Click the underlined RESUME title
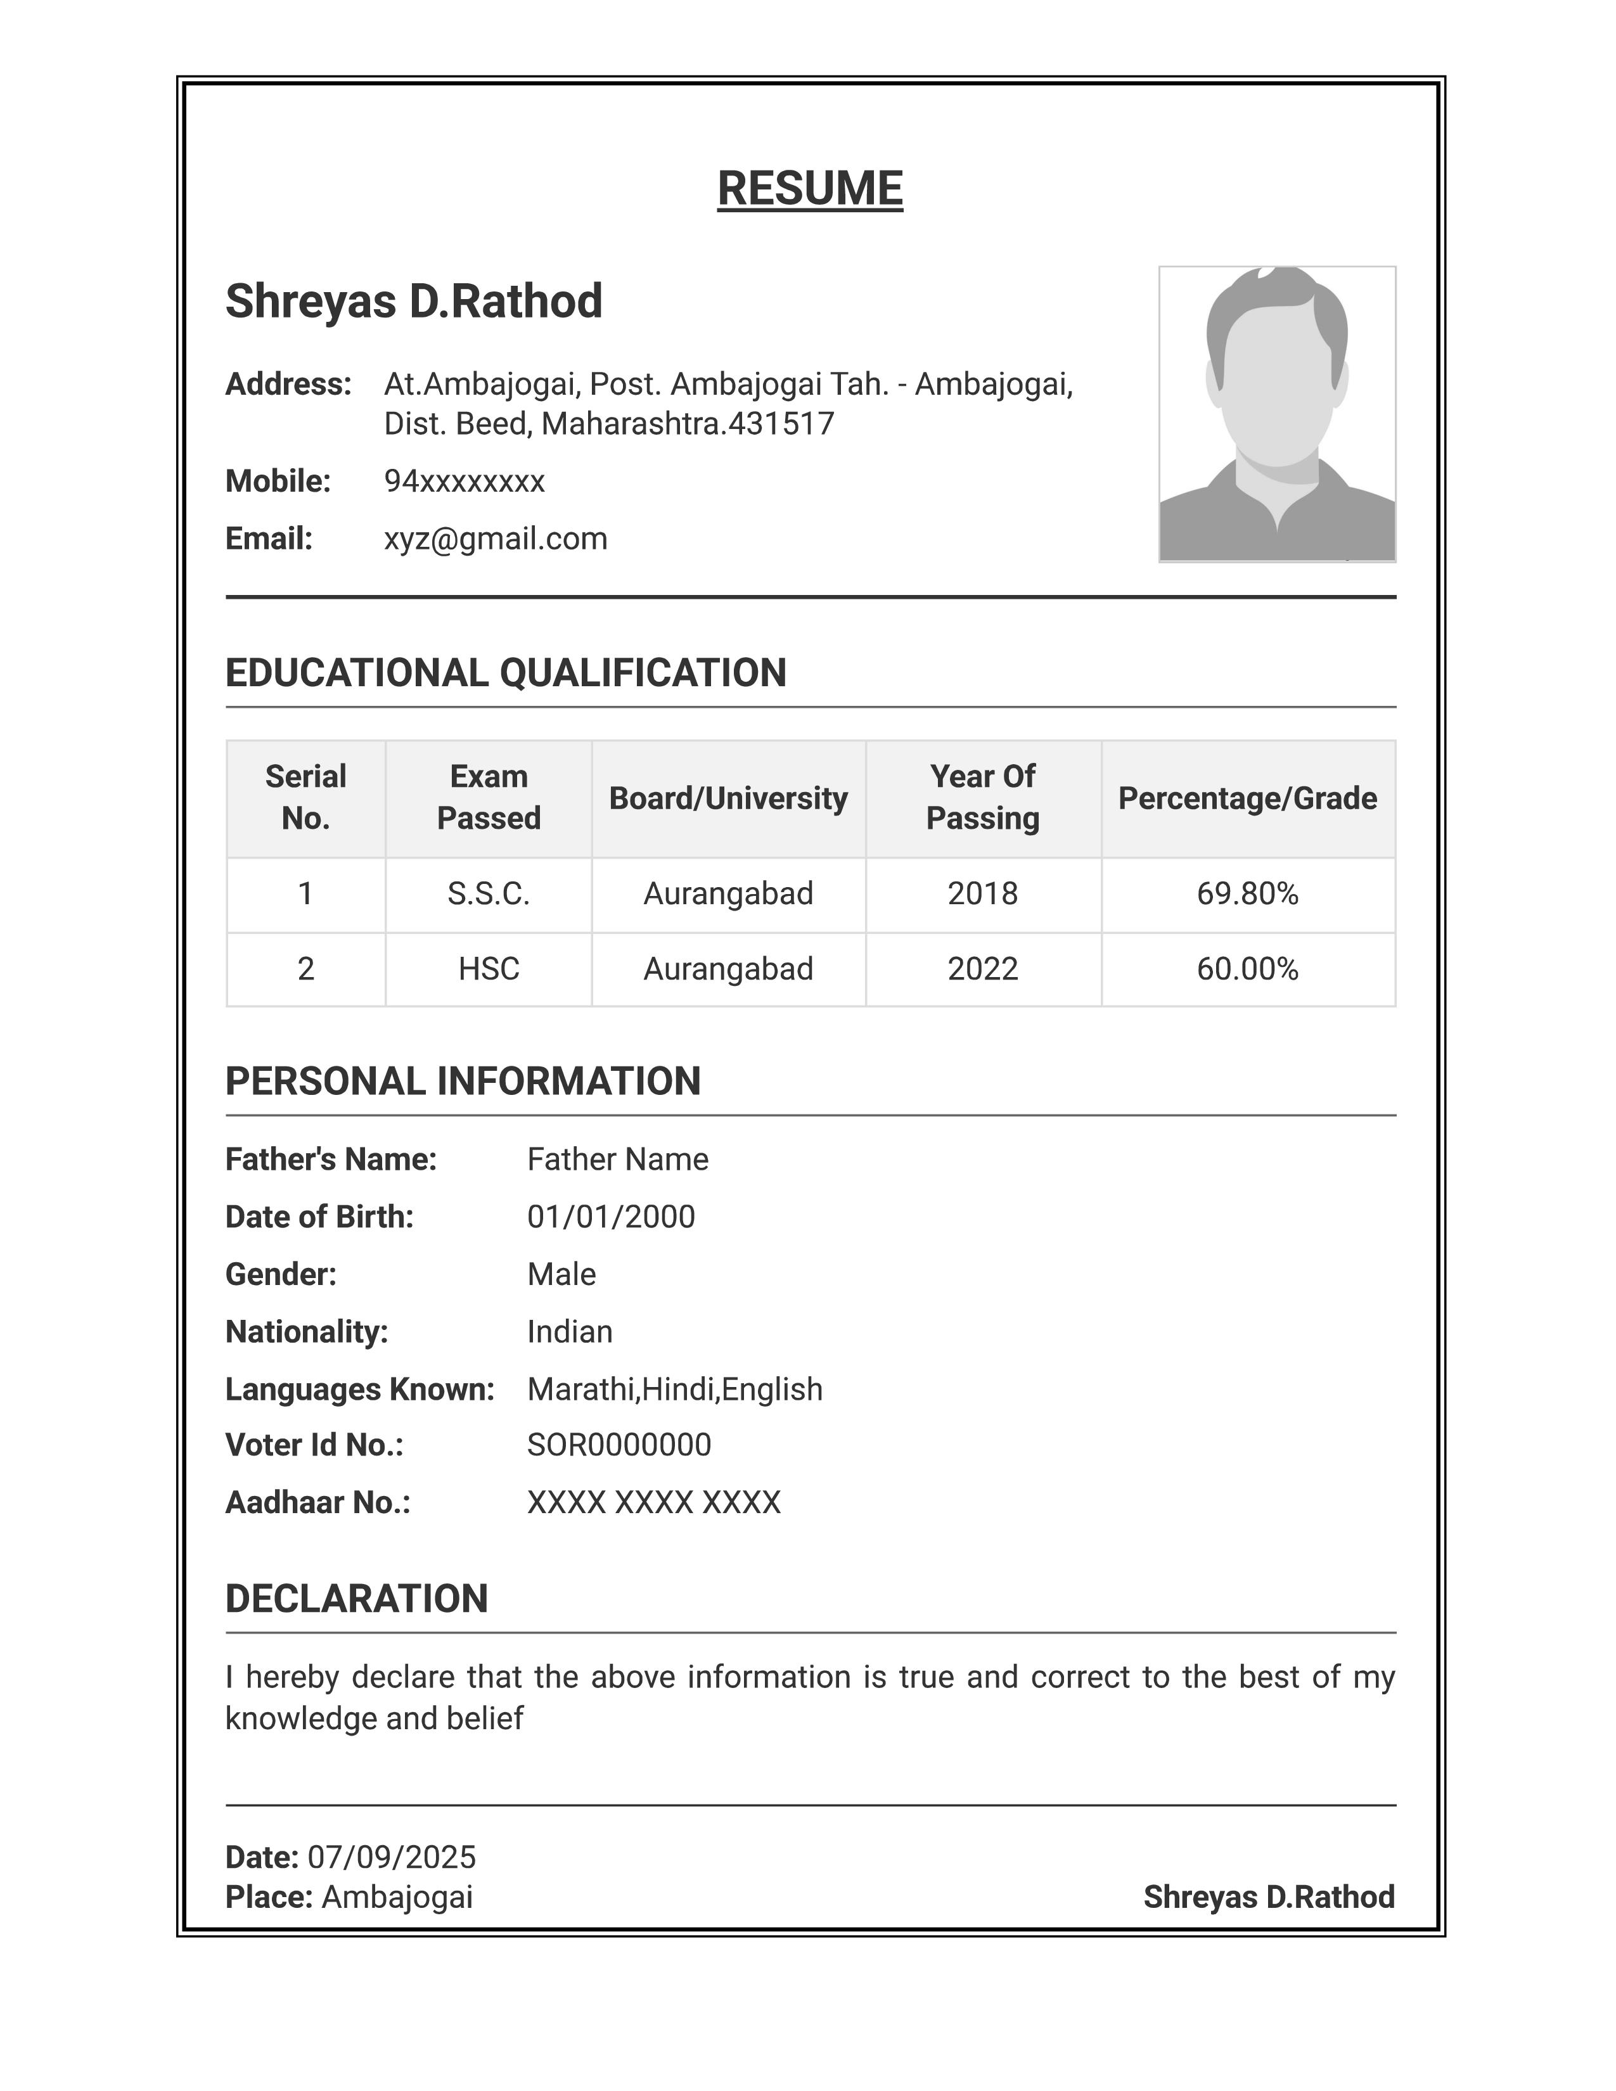click(x=809, y=189)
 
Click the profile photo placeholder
click(x=1276, y=414)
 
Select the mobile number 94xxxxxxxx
click(x=465, y=482)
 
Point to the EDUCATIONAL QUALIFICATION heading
click(x=506, y=673)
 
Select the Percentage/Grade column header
click(x=1247, y=798)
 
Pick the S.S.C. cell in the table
click(x=488, y=894)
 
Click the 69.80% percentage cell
click(x=1247, y=894)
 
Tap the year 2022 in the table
click(x=982, y=969)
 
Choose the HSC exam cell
click(x=488, y=969)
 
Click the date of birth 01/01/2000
click(x=611, y=1217)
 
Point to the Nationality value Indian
click(x=570, y=1332)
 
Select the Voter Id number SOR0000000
click(x=619, y=1445)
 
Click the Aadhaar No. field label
click(x=317, y=1502)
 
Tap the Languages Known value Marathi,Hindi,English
click(x=674, y=1389)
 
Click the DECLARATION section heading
click(x=356, y=1599)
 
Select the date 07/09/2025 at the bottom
click(x=392, y=1857)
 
